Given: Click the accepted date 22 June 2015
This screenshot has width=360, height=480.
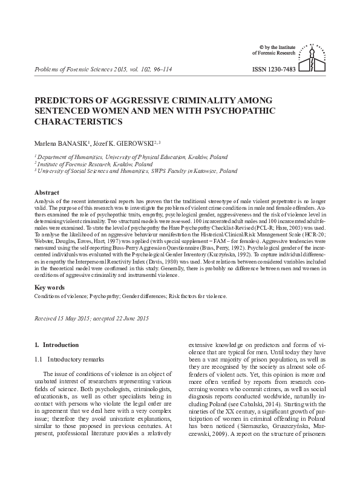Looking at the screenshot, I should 129,317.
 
